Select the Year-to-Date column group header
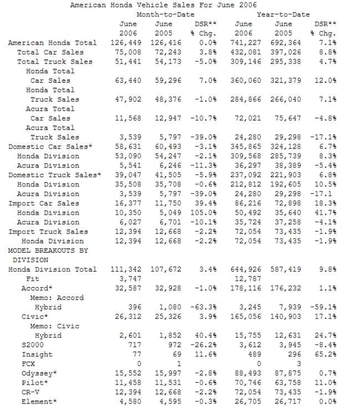pos(283,15)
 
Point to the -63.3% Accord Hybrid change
pos(207,307)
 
